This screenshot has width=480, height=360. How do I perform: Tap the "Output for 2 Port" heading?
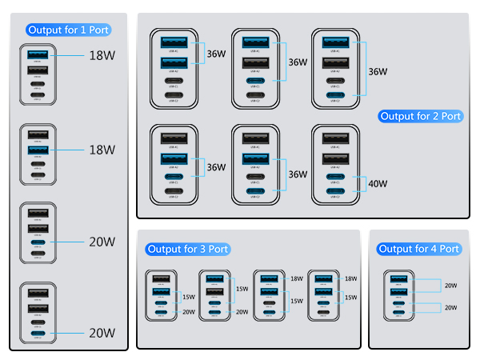pos(421,116)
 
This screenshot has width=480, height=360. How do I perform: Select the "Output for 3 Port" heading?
pos(188,250)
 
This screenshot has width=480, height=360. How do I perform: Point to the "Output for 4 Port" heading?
pos(419,250)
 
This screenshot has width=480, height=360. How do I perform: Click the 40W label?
pos(378,184)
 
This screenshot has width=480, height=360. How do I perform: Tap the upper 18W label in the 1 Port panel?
pos(102,56)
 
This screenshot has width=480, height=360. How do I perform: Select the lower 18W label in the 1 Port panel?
pos(102,150)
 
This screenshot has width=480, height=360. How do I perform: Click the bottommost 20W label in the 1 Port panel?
pos(102,333)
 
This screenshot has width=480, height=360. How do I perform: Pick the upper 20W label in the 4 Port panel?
pos(450,286)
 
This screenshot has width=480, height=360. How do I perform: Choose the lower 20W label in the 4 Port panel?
pos(450,308)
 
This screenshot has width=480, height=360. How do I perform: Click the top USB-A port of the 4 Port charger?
pos(398,279)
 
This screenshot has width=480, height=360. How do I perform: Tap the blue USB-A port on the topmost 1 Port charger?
pos(37,54)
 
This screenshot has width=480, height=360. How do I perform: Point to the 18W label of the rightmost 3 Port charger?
pos(350,278)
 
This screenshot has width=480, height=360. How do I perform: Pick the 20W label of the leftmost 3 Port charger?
pos(189,312)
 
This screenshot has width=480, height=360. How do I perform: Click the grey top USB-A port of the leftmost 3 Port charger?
pos(160,279)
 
